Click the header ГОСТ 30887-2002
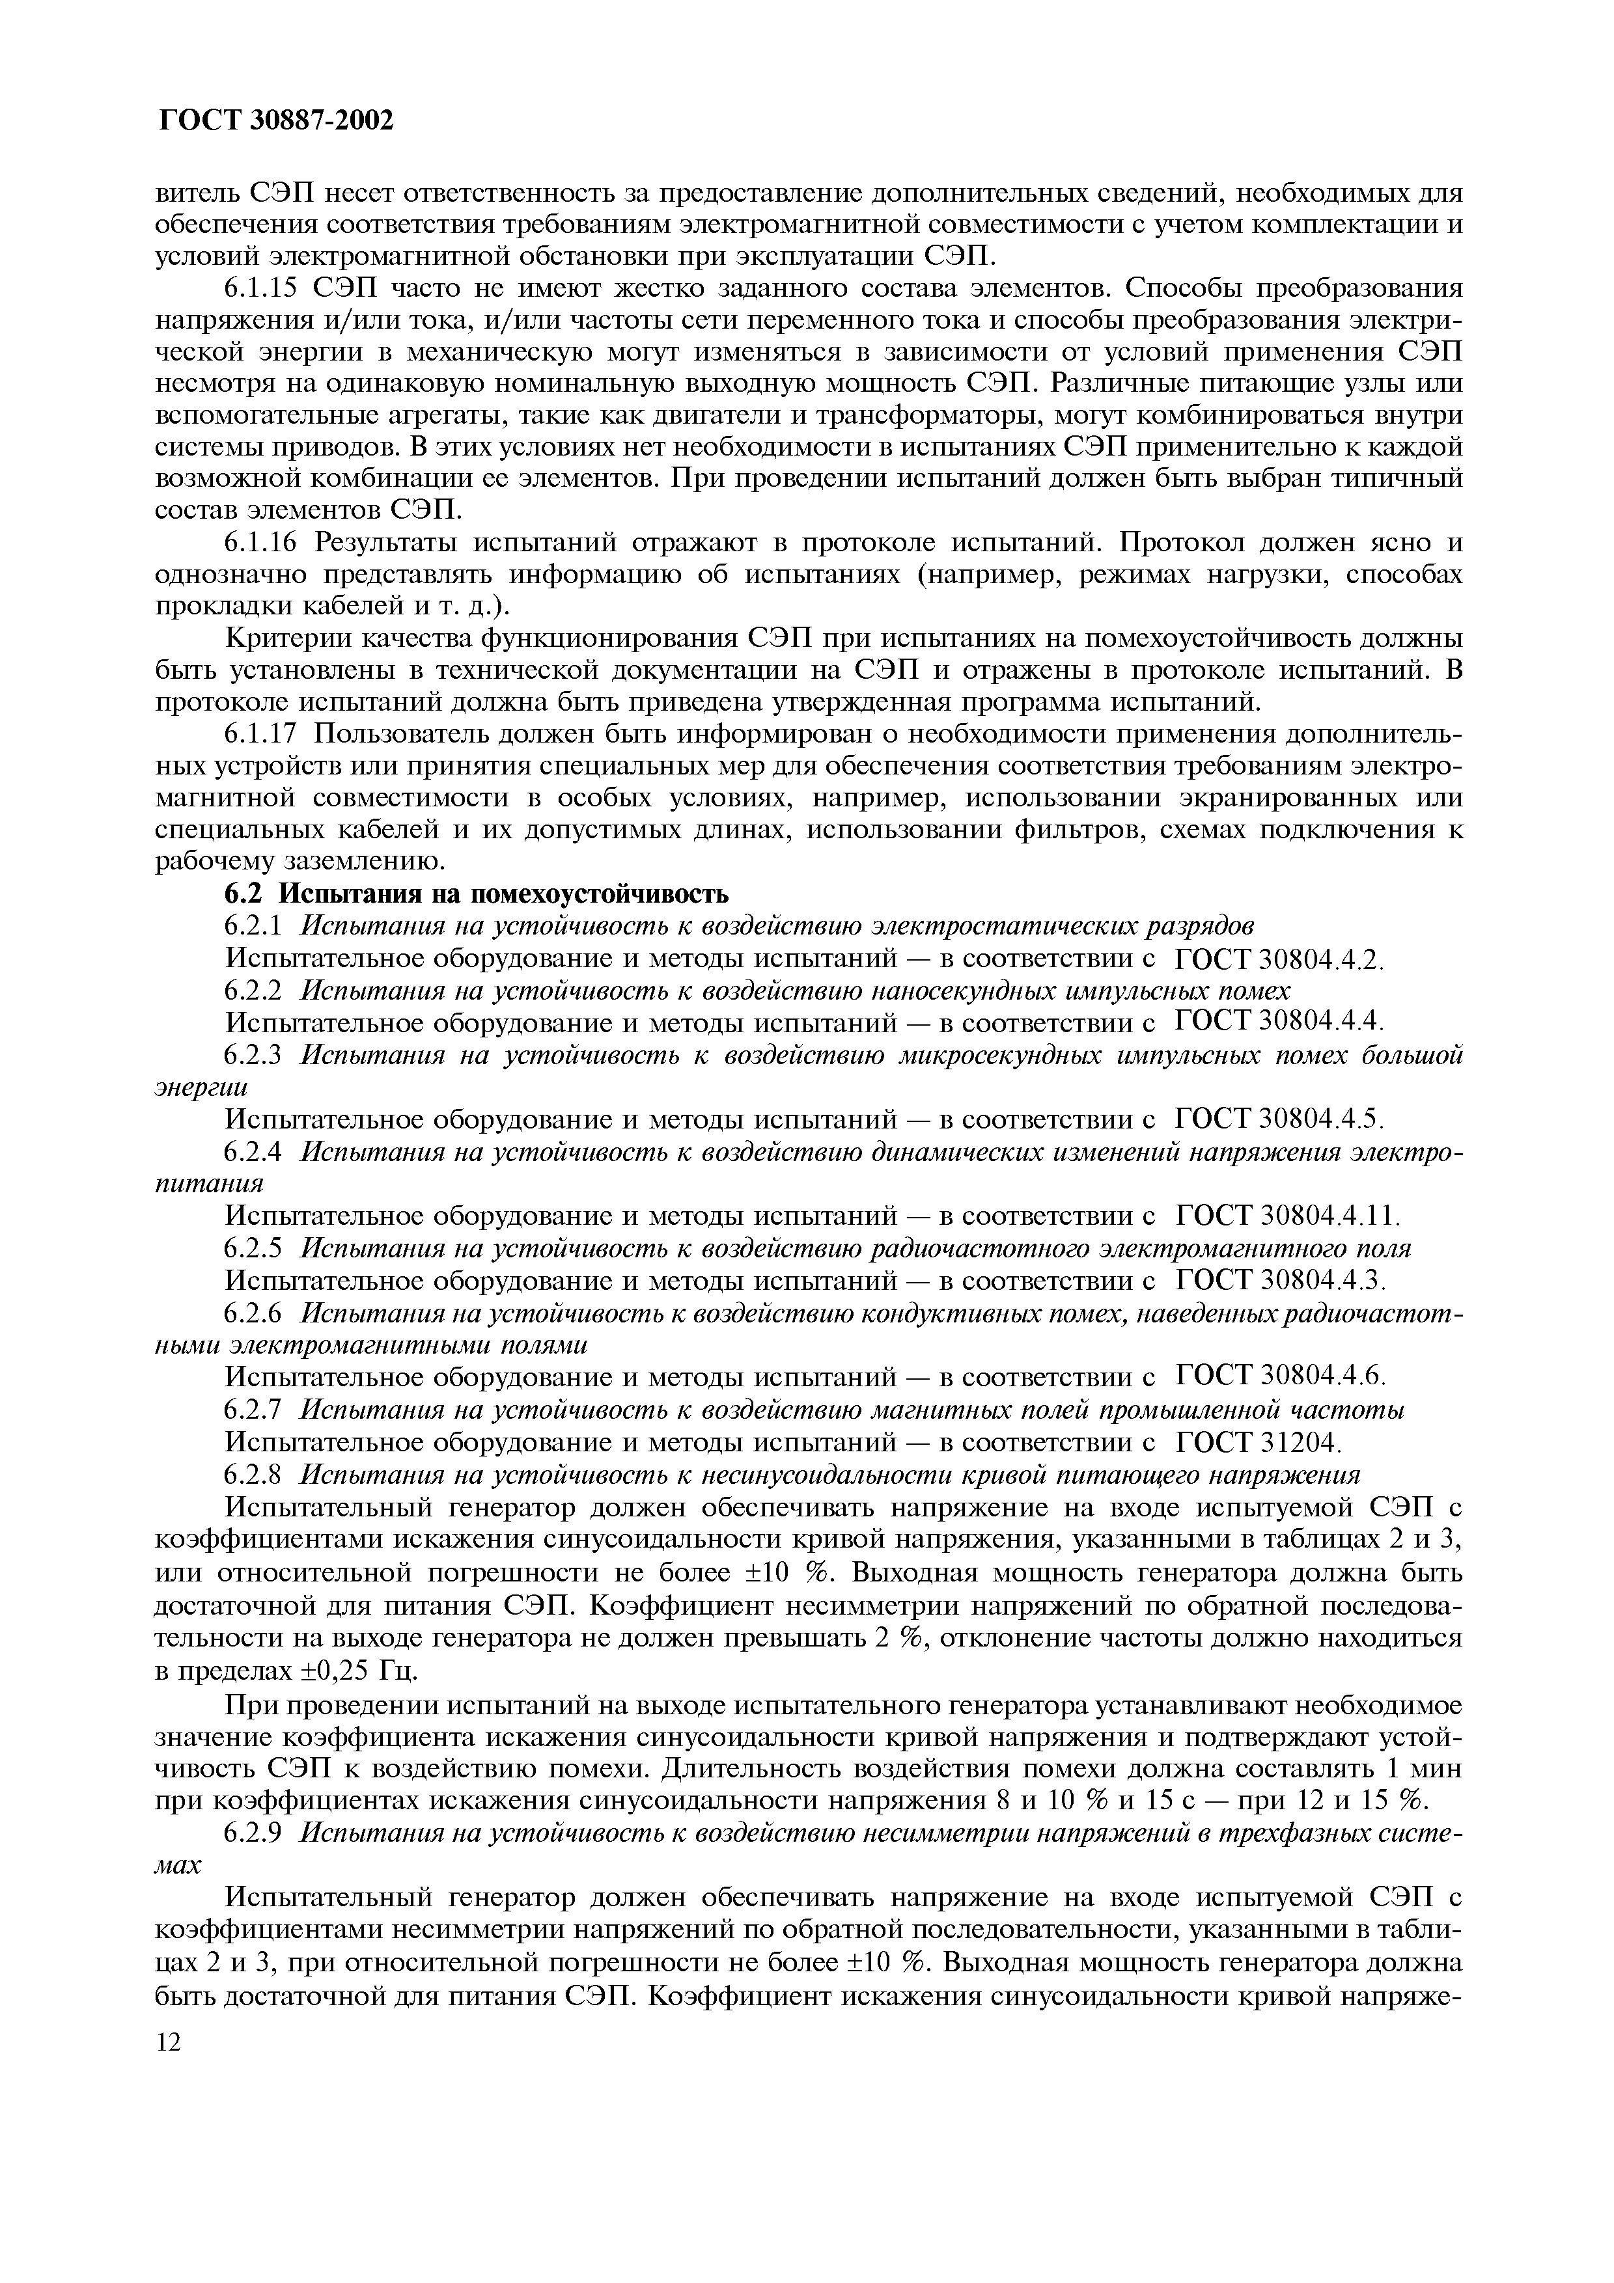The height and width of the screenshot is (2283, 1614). (275, 120)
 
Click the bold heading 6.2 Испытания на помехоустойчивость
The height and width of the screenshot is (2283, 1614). (477, 894)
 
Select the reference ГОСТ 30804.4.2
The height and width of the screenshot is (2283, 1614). (1280, 959)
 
